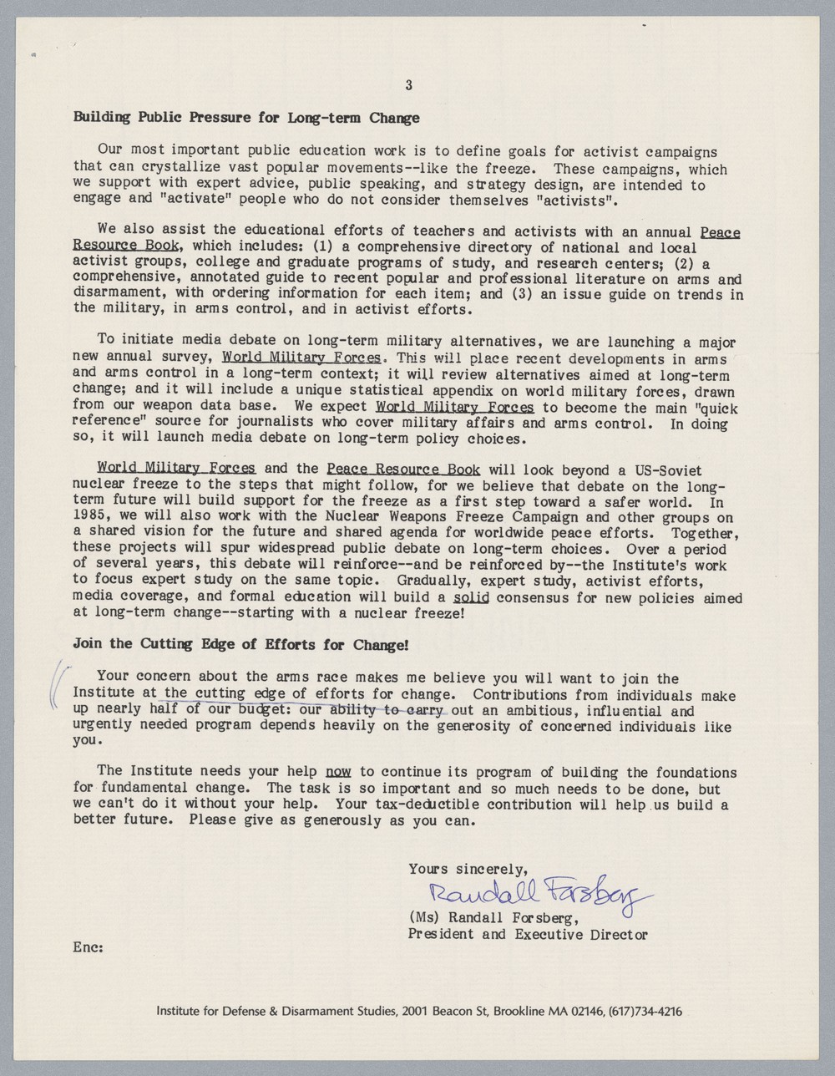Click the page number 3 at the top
409,84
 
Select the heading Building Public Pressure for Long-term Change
246,118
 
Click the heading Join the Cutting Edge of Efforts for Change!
241,644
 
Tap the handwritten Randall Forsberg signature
539,896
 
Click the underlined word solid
470,598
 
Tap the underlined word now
337,773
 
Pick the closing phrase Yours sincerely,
468,870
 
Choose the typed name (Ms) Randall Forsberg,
493,919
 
